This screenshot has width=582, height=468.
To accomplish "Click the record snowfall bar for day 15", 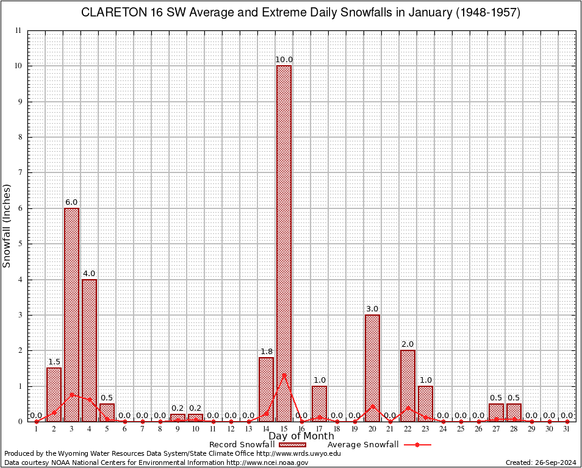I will [284, 244].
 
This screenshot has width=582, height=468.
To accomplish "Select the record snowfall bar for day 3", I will [71, 314].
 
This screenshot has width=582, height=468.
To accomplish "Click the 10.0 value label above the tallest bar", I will [284, 60].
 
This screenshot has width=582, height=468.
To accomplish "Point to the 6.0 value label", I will [71, 202].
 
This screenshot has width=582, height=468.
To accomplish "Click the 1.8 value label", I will [266, 352].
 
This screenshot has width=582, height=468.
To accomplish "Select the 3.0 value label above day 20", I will [372, 309].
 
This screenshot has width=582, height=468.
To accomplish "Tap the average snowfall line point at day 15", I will [284, 375].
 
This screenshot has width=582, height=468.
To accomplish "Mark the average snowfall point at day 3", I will [71, 394].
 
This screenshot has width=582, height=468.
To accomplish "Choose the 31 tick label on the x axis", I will [567, 430].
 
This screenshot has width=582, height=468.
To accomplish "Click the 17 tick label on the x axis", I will [319, 430].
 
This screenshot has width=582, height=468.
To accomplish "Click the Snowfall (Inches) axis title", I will [7, 225].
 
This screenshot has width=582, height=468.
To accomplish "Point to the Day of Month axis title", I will [301, 436].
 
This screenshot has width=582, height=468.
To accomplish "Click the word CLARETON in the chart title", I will [112, 13].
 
